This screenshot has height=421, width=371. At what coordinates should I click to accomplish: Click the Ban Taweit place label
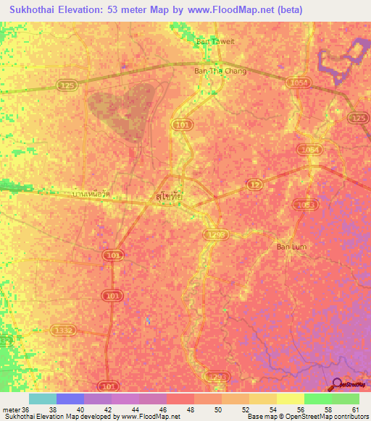coord(216,41)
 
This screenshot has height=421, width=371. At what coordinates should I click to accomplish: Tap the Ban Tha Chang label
coord(220,71)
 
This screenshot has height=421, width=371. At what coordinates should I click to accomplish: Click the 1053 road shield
coord(307,205)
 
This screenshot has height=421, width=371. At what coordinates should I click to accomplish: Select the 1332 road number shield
coord(63,330)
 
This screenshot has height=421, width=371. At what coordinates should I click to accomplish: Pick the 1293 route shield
coord(216,376)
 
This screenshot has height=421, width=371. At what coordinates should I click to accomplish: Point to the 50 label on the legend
coord(225,409)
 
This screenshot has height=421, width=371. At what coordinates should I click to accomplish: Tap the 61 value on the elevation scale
coord(355,409)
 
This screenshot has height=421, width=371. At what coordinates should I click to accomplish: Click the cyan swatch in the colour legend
coord(43,399)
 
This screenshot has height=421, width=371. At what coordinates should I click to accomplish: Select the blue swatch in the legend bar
coord(70,399)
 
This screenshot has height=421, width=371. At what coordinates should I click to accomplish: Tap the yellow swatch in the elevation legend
coord(291,399)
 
